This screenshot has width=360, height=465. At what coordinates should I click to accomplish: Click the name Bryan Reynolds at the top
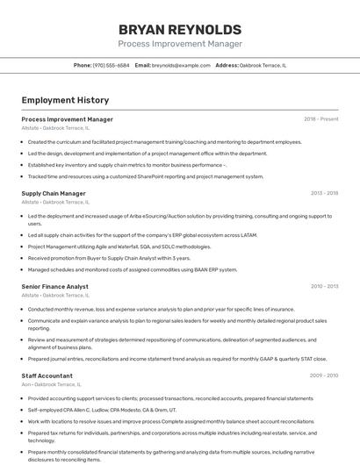[x=179, y=28]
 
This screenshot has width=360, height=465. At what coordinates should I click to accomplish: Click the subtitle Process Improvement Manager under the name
[x=179, y=44]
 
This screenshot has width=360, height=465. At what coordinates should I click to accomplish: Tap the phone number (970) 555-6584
[x=112, y=65]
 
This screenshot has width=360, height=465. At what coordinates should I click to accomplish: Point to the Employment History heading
[x=65, y=100]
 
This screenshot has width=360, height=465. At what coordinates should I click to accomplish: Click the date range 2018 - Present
[x=320, y=118]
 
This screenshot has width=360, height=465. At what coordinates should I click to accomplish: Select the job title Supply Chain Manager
[x=54, y=193]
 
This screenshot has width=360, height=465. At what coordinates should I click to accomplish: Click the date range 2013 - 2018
[x=324, y=193]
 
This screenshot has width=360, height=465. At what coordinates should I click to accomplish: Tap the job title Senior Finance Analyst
[x=54, y=286]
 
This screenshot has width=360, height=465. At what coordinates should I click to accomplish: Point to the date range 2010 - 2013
[x=324, y=286]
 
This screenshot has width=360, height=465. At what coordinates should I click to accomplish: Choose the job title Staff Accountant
[x=47, y=376]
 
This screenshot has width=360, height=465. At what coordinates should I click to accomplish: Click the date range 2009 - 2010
[x=324, y=376]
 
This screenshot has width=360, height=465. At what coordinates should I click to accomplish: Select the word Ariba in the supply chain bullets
[x=129, y=216]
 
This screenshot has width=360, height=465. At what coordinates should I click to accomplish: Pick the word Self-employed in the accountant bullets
[x=43, y=410]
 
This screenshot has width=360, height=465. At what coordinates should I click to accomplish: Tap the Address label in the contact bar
[x=227, y=65]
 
